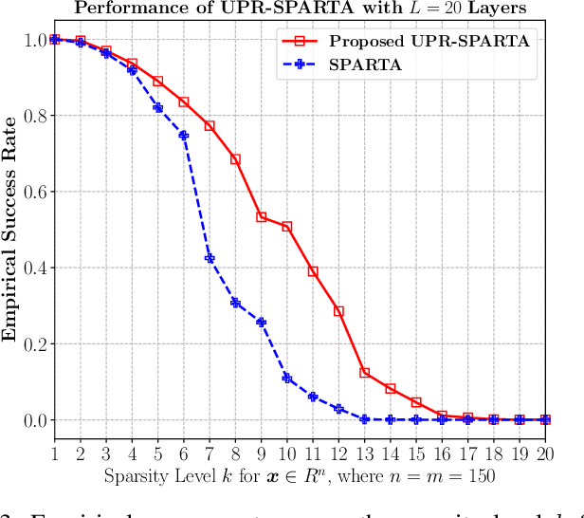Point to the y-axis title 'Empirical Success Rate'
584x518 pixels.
click(10, 229)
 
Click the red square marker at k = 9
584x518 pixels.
click(261, 217)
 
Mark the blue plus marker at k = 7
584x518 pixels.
click(210, 258)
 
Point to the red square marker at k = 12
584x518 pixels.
click(338, 311)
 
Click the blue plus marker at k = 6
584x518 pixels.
click(184, 136)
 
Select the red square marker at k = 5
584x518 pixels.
click(157, 82)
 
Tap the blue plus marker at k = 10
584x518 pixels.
click(287, 378)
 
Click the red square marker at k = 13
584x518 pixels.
click(364, 373)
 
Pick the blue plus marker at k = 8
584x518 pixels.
click(235, 303)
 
